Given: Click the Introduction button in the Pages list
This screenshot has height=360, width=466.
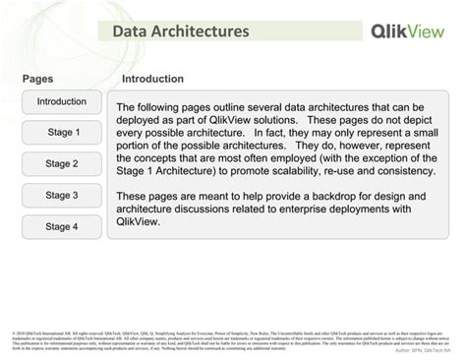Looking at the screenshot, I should click(62, 101).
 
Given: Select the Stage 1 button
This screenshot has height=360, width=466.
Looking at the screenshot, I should click(62, 132).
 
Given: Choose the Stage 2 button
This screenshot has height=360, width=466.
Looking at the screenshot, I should click(62, 163).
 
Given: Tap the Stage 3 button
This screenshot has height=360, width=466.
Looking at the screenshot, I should click(62, 195).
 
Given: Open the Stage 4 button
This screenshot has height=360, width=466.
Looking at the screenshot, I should click(62, 226).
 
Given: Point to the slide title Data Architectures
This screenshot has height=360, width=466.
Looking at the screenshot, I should click(180, 31).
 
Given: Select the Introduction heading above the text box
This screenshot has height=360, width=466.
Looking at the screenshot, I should click(152, 79).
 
